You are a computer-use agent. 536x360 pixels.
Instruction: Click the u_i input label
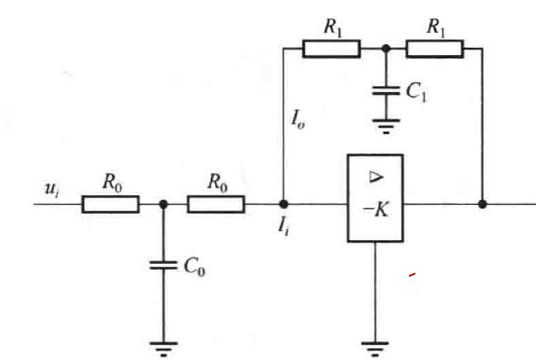coord(52,189)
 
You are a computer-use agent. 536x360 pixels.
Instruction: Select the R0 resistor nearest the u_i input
coord(110,205)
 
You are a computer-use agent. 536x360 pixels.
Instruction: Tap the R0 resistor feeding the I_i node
coord(216,205)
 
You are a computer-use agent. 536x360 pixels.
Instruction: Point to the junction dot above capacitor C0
coord(163,205)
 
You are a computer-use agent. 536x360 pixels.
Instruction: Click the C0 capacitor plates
coord(163,266)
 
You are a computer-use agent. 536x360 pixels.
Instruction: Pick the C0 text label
coord(194,266)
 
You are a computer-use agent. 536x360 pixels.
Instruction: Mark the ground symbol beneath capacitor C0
coord(163,348)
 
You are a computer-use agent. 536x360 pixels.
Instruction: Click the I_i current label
coord(283,226)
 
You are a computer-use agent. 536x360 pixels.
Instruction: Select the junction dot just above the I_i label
coord(283,205)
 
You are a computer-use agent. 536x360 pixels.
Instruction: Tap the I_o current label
coord(298,119)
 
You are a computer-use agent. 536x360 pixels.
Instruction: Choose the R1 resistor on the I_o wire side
coord(331,49)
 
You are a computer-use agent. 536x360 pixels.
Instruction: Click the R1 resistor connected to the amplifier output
coord(435,49)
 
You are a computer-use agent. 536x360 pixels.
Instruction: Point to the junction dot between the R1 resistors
coord(386,49)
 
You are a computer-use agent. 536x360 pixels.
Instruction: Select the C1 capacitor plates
coord(386,90)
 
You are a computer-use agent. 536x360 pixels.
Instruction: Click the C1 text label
coord(416,92)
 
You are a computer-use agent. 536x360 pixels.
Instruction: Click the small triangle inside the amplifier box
coord(376,177)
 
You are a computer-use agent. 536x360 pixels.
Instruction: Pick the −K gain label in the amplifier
coord(375,210)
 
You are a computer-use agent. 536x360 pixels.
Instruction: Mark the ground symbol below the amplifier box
coord(375,348)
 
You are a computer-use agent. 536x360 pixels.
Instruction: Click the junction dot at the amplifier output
coord(482,205)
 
